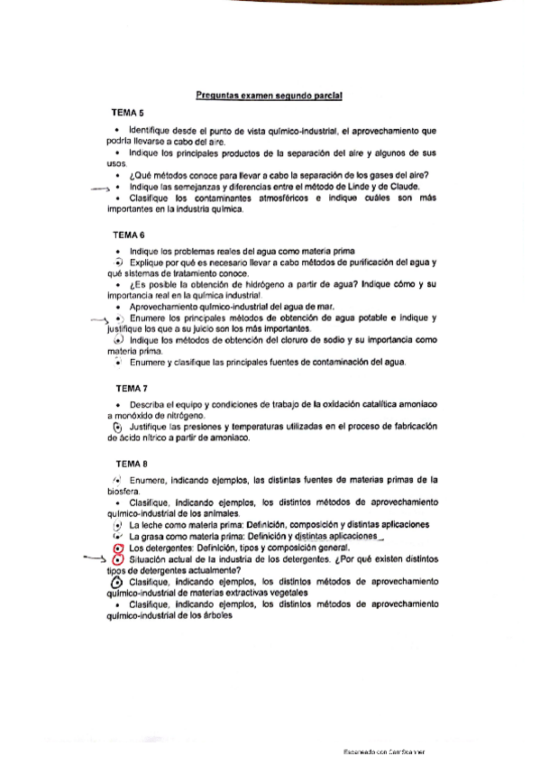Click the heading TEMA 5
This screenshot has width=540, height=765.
[x=127, y=115]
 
